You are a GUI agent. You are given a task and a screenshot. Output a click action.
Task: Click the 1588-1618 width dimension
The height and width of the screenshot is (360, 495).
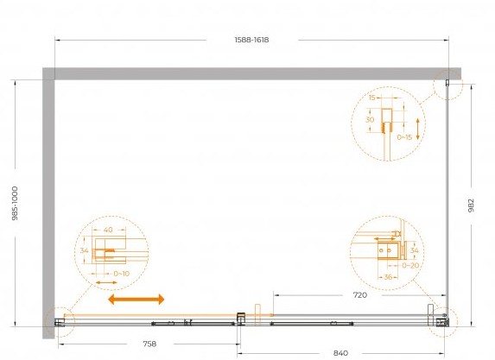tap(251, 40)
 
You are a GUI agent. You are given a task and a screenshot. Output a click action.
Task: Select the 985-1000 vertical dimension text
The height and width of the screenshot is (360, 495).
tap(15, 203)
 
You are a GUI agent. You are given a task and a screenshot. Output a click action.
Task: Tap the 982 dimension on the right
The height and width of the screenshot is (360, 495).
tap(471, 205)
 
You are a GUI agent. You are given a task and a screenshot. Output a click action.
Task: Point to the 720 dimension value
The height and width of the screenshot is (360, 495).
tap(360, 295)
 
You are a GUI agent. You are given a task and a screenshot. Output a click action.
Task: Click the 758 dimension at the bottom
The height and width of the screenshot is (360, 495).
tap(149, 344)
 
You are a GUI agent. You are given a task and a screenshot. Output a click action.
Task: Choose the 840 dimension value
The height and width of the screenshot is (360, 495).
tap(340, 353)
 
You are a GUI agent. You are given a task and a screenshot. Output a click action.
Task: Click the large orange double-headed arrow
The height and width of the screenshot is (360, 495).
tap(136, 299)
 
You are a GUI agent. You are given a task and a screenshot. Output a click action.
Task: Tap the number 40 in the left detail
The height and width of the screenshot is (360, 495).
tap(108, 230)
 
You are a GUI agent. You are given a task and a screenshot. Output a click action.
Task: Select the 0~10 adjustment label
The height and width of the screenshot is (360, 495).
tap(122, 274)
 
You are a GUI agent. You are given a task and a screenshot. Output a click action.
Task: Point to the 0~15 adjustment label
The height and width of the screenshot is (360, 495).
tap(404, 137)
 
